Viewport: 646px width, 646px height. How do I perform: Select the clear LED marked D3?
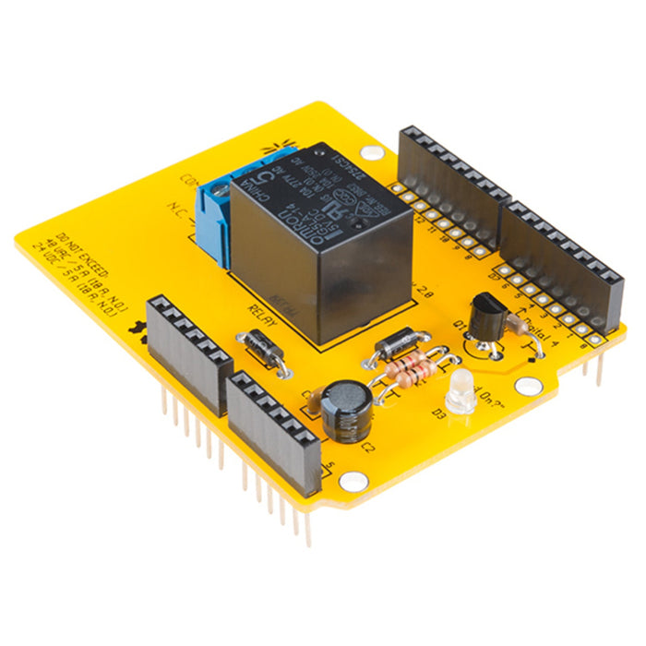tap(459, 392)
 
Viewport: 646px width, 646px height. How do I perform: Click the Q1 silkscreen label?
tap(461, 325)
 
